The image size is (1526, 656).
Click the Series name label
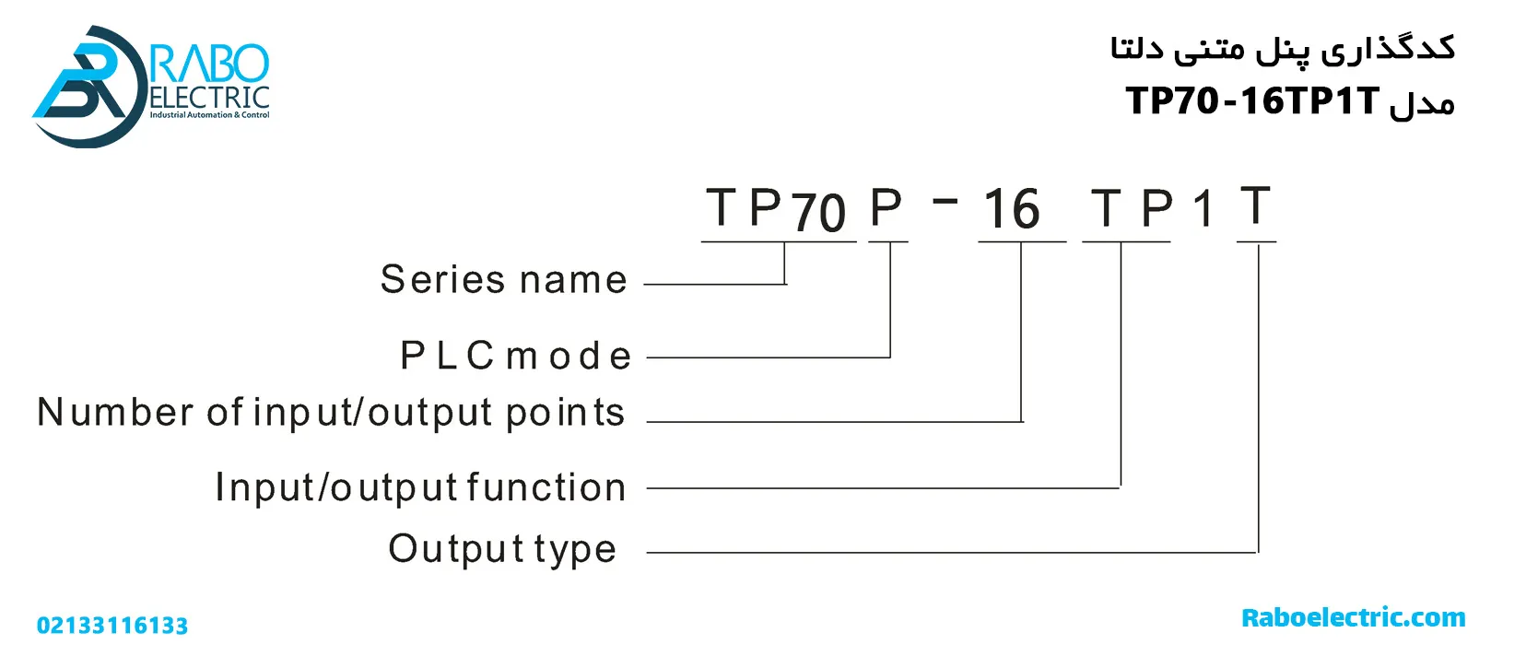[x=503, y=279]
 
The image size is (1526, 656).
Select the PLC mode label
[x=516, y=356]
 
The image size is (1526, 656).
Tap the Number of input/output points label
[x=331, y=413]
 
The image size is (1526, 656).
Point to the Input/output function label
[x=420, y=487]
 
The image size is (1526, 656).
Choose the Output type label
[x=502, y=549]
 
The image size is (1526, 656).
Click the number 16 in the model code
[x=1011, y=209]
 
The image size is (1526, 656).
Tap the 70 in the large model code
[x=818, y=213]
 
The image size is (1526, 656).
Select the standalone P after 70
[x=886, y=207]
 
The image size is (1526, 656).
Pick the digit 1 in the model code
[x=1203, y=209]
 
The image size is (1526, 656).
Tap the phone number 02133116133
[x=112, y=626]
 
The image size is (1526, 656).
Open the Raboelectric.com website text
[x=1353, y=617]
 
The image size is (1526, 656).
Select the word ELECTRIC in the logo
[x=209, y=98]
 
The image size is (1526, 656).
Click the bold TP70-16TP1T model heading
[x=1252, y=100]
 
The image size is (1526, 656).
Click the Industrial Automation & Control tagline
[x=209, y=115]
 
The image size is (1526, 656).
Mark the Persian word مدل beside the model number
[x=1422, y=103]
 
